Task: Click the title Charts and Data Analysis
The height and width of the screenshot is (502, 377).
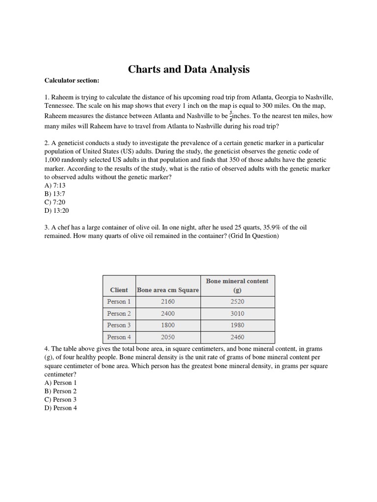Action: pyautogui.click(x=188, y=70)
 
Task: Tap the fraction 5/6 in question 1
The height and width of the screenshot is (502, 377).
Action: pyautogui.click(x=231, y=117)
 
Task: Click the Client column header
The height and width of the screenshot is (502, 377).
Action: pyautogui.click(x=119, y=290)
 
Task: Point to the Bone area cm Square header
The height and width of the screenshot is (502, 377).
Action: pyautogui.click(x=168, y=290)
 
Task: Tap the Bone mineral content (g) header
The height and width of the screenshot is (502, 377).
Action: pyautogui.click(x=237, y=285)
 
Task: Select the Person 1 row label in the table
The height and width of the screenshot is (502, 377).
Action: pyautogui.click(x=119, y=301)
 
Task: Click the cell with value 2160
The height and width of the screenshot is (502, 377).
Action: pyautogui.click(x=167, y=301)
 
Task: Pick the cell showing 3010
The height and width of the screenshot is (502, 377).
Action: pyautogui.click(x=237, y=313)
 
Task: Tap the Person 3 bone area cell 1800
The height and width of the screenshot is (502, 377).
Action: pyautogui.click(x=167, y=325)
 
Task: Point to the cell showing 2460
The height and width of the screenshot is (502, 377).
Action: pyautogui.click(x=237, y=337)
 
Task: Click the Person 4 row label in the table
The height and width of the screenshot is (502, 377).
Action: pyautogui.click(x=119, y=337)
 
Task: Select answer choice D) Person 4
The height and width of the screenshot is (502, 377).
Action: pyautogui.click(x=60, y=408)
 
